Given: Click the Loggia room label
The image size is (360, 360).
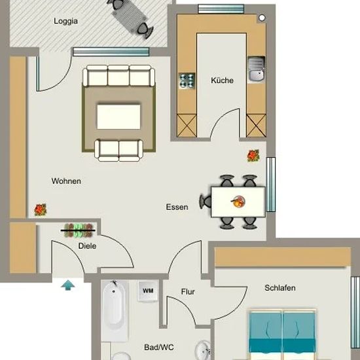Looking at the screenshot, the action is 65,21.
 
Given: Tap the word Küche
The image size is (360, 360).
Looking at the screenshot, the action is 222,81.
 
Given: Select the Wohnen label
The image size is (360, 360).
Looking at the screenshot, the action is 66,181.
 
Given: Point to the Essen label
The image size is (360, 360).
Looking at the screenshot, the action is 177,207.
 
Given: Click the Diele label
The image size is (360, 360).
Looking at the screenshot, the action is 87,246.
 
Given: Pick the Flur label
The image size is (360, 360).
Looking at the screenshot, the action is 188,292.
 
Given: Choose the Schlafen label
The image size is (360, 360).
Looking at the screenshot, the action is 280,288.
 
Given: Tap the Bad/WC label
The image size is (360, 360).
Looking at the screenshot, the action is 159,348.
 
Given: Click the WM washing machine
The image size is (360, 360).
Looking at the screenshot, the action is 148,291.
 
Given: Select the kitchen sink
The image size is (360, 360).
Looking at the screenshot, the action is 257,69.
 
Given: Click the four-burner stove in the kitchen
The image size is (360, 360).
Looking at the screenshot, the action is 187,81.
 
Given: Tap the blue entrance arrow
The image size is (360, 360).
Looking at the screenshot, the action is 68,285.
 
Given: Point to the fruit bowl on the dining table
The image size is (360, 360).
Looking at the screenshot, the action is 238,202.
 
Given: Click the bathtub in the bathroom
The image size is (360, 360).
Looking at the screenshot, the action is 114,310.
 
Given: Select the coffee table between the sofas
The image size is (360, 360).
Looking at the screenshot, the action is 118,117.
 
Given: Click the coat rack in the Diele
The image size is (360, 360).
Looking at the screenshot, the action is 79,230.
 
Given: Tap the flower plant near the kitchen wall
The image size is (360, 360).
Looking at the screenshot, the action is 253,155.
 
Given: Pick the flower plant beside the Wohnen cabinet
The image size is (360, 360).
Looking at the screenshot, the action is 41,210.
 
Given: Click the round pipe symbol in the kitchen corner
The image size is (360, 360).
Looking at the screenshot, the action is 262,18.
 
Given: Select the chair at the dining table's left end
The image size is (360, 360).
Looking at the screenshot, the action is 206,202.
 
